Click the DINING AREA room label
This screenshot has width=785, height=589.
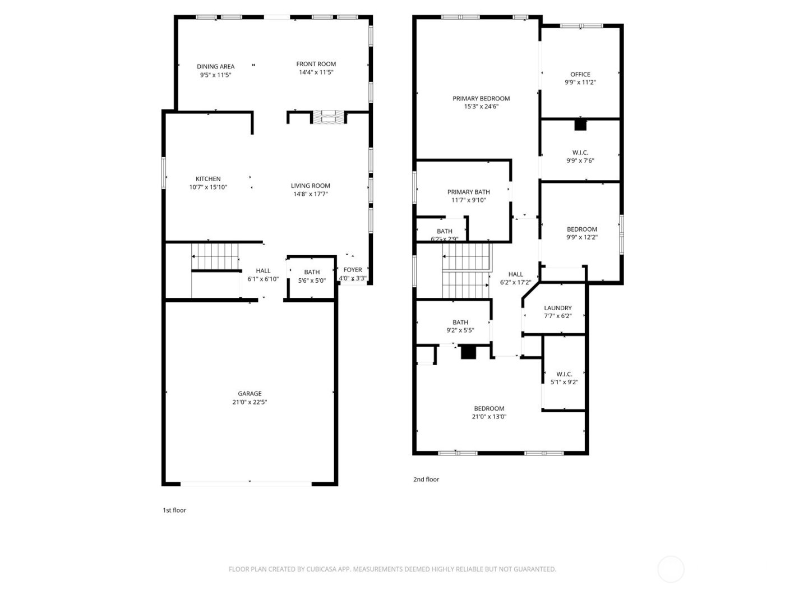[215, 67]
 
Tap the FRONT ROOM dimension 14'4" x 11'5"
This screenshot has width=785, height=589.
[316, 72]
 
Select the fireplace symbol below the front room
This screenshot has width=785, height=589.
[329, 117]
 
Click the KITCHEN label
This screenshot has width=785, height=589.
[208, 179]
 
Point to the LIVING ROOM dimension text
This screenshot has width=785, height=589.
[310, 194]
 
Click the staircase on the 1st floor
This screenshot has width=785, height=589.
[215, 256]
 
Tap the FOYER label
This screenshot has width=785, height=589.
[353, 270]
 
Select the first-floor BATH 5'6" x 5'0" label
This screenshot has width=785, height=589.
[312, 272]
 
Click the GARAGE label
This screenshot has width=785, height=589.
[250, 394]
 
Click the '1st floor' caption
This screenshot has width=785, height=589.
[174, 510]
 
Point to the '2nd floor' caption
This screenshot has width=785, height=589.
[426, 480]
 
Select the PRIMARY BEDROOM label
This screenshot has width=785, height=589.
[481, 99]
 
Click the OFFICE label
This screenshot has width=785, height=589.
[580, 74]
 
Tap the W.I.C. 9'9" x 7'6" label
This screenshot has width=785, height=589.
[580, 153]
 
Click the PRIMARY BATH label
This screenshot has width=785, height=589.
[469, 192]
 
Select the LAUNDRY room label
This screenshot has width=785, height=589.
[558, 308]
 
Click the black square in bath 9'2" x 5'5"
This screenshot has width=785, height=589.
[468, 352]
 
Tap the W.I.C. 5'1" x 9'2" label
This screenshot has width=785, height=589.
[564, 374]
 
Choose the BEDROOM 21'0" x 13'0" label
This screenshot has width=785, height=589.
[489, 408]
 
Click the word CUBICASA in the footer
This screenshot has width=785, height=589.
[321, 569]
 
